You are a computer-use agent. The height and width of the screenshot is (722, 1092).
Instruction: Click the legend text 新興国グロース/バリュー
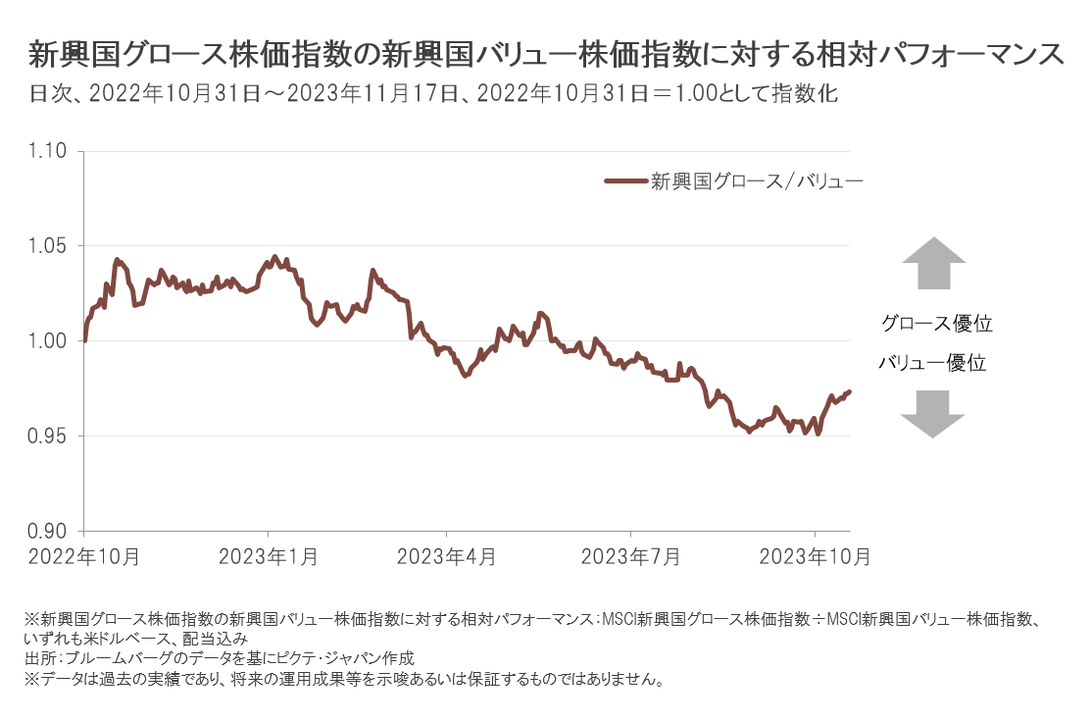click(x=756, y=181)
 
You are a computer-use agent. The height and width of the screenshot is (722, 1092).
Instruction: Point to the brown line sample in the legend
click(x=625, y=181)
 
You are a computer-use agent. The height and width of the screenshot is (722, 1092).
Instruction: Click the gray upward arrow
click(x=933, y=263)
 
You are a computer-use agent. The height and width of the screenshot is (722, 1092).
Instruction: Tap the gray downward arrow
click(x=933, y=413)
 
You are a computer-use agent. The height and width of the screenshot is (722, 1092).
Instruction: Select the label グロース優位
click(x=930, y=323)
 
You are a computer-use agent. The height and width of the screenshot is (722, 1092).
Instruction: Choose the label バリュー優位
click(x=931, y=363)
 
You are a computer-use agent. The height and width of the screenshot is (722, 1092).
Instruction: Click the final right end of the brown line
click(x=849, y=391)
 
